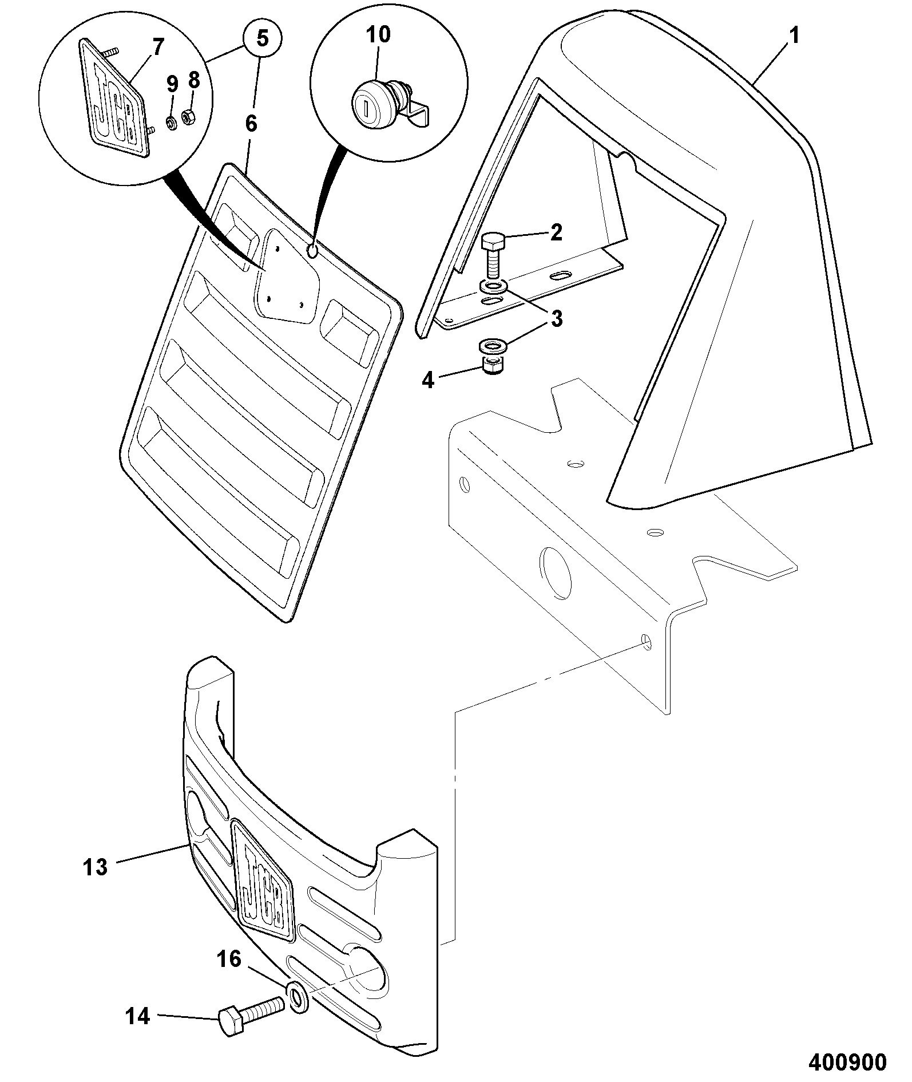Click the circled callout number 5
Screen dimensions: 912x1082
pyautogui.click(x=261, y=40)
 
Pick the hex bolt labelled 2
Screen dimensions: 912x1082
pyautogui.click(x=491, y=255)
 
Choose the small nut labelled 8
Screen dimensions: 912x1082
pyautogui.click(x=188, y=118)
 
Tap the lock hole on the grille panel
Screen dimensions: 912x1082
pyautogui.click(x=313, y=251)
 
